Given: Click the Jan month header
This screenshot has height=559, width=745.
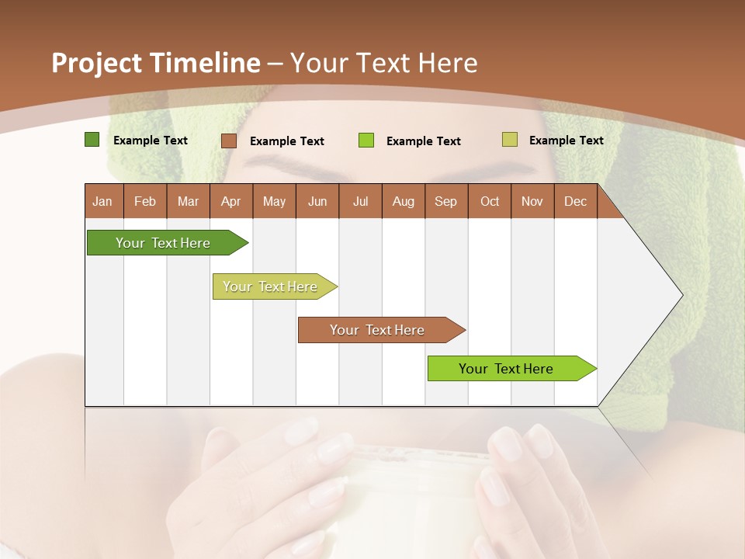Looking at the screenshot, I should (x=102, y=201).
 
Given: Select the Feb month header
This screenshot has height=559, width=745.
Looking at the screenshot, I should (x=145, y=201).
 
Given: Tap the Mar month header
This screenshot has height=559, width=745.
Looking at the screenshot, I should (x=188, y=201).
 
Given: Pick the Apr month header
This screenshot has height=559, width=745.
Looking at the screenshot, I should (x=231, y=201).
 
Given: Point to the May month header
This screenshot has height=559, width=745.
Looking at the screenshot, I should (x=274, y=201).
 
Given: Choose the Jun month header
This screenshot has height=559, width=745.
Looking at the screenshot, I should (x=317, y=201).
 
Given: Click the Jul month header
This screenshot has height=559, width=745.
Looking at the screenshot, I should (x=360, y=201).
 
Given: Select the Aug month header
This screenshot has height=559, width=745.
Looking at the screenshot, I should (x=404, y=201).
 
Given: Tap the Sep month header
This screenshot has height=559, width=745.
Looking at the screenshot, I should (x=446, y=201).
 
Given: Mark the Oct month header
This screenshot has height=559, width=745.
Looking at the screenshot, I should (x=490, y=201).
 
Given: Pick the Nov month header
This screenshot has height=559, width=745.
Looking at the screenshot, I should (x=532, y=201).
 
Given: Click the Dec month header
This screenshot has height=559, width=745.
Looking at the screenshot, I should (x=576, y=201).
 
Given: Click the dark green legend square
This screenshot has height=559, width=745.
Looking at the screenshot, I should (x=92, y=140).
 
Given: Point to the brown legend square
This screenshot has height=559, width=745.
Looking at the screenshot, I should (x=228, y=141).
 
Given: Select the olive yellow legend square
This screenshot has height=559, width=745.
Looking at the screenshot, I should (x=509, y=140).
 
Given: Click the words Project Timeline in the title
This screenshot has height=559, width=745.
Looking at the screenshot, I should (x=156, y=63).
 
